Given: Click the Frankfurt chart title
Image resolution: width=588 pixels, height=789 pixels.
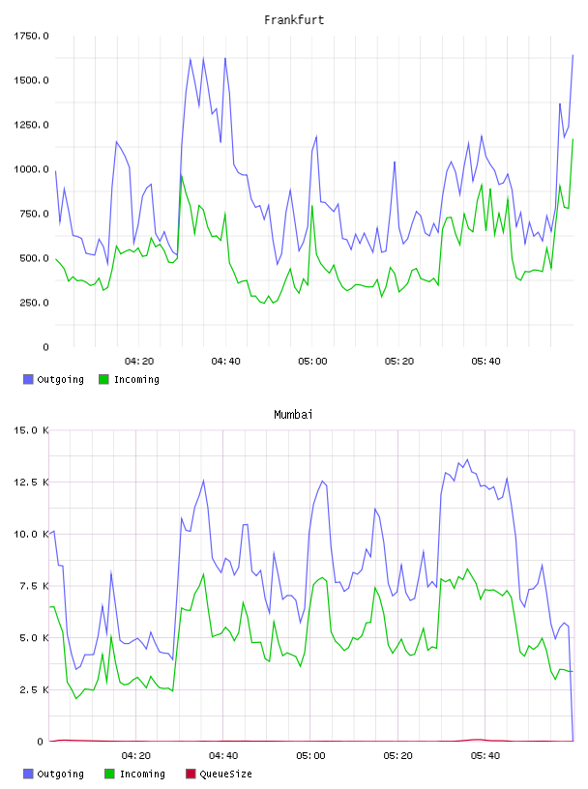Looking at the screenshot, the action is point(294,20).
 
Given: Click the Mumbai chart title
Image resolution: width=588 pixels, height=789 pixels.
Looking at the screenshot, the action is point(293,415).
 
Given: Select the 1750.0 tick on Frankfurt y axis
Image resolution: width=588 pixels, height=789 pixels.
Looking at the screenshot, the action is point(31,36).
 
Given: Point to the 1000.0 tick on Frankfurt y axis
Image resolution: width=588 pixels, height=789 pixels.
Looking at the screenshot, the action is point(31,169).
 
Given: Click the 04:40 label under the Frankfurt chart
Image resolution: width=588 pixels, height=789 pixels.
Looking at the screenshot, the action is point(225,361).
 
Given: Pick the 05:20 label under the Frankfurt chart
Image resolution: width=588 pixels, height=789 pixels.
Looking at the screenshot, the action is point(399,361).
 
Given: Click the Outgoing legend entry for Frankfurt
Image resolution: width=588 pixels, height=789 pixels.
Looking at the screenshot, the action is point(53,379).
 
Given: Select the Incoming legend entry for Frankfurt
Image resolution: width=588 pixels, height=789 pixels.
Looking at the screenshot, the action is point(129,379).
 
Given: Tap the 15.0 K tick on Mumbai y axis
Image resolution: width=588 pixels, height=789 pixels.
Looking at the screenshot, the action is point(31,430).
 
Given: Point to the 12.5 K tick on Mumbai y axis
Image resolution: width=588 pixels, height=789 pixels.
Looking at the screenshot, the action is point(31,482).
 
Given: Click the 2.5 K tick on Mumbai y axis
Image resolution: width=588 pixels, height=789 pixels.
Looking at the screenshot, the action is point(34,689).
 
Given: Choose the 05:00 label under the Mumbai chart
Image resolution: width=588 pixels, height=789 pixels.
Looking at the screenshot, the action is point(310,755).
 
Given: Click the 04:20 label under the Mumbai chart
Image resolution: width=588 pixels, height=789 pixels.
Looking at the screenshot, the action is point(136,755).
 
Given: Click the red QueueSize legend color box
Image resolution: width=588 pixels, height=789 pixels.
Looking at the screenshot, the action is point(191,774).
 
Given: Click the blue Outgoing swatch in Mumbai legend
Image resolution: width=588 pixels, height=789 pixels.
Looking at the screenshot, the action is point(28,774).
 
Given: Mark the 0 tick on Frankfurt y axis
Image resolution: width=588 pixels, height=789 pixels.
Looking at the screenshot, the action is point(45,347).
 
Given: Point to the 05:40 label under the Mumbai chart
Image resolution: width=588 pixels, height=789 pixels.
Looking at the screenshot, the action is point(485,755).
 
